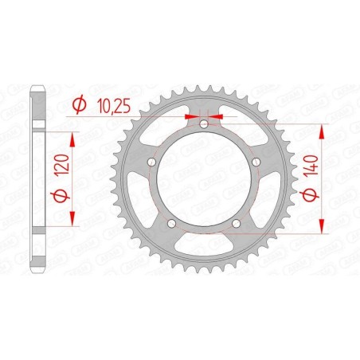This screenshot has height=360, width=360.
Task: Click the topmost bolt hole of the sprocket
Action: pos(203,125)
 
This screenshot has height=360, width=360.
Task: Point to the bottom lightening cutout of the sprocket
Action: pos(203,251)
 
